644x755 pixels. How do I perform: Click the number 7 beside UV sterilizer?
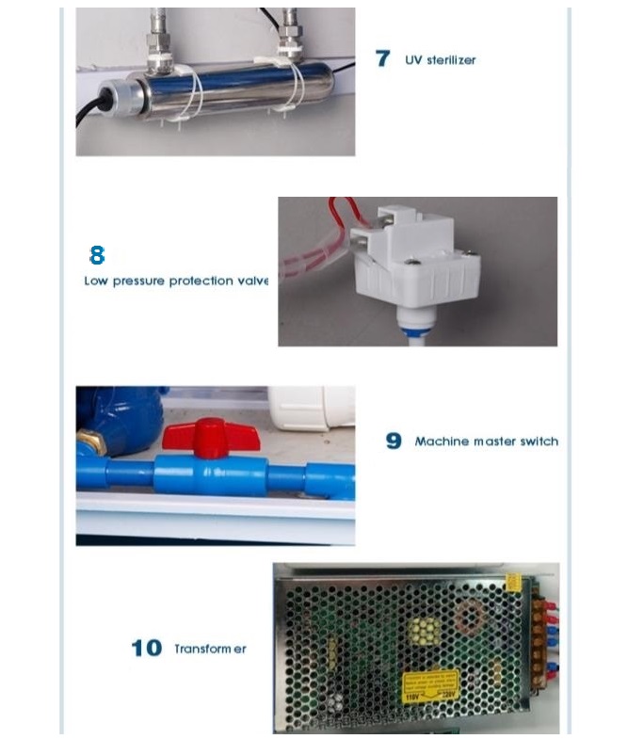click(x=382, y=58)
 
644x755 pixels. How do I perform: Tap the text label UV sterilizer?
click(x=440, y=60)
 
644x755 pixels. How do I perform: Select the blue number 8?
click(x=97, y=255)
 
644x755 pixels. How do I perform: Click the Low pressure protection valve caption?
click(x=176, y=281)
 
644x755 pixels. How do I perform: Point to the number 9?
click(x=394, y=441)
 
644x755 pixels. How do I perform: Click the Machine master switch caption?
click(x=486, y=442)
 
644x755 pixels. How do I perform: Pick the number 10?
click(x=146, y=649)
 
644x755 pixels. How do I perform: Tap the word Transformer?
click(x=210, y=650)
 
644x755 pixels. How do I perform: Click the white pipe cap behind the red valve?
click(x=310, y=408)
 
